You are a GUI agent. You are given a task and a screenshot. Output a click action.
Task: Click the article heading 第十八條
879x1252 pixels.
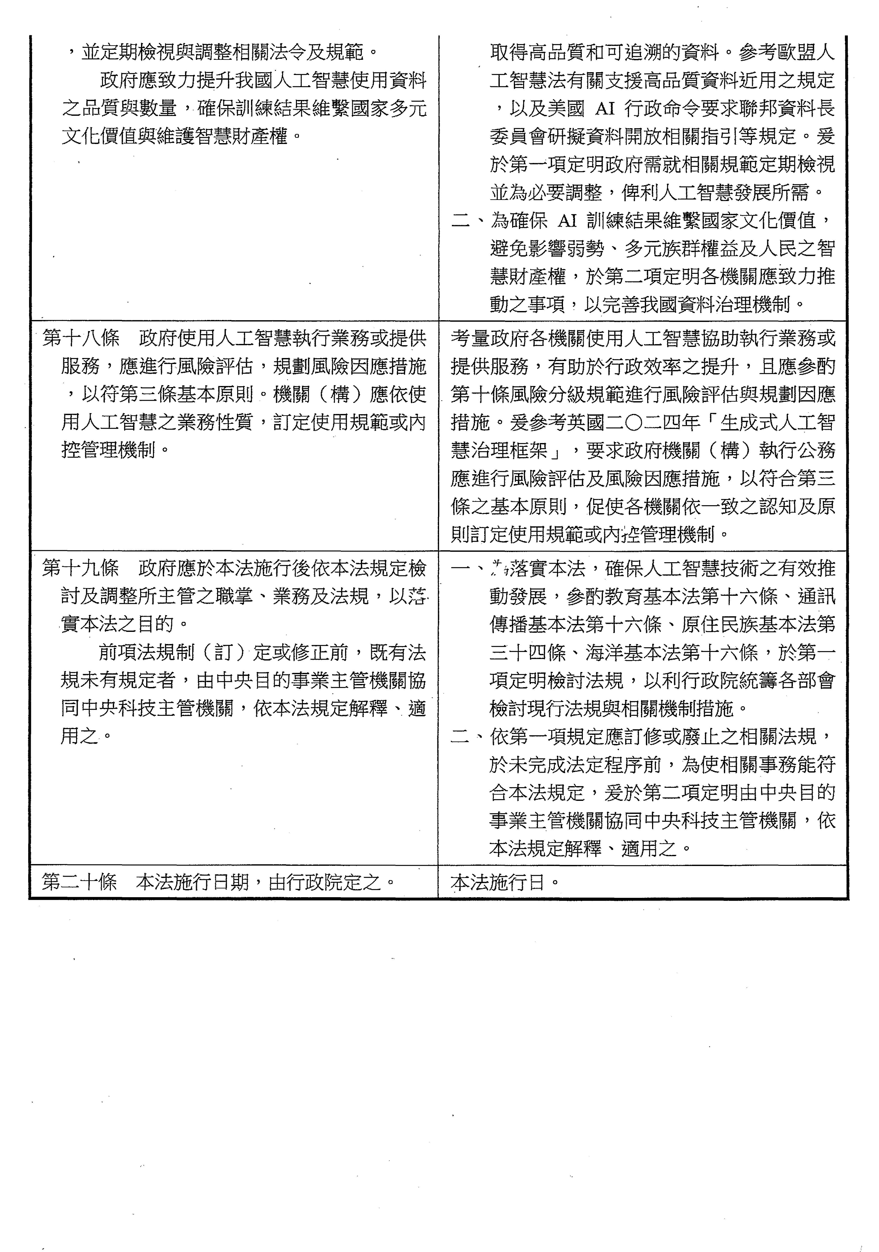point(81,339)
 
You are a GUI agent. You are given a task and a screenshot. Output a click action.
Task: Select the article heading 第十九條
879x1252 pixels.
point(81,569)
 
